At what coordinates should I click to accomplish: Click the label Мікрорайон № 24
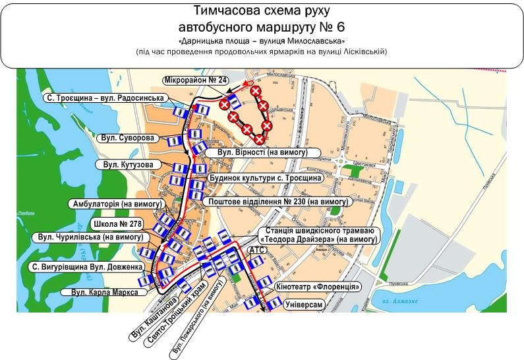[196, 80]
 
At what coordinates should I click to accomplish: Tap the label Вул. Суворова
[129, 138]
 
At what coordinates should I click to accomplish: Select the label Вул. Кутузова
[129, 164]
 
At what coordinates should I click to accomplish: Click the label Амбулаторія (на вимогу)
[116, 204]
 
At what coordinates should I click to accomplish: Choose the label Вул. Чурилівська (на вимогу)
[90, 237]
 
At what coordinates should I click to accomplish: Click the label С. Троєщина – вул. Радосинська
[105, 98]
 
